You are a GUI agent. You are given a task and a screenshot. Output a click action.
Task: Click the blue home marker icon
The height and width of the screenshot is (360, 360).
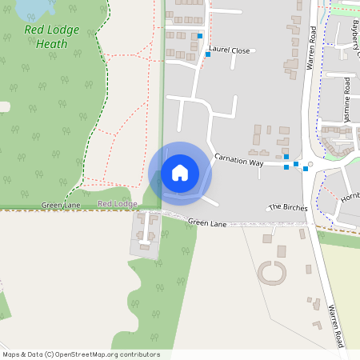point(180,173)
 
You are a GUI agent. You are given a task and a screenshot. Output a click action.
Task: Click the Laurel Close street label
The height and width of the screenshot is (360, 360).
point(229,50)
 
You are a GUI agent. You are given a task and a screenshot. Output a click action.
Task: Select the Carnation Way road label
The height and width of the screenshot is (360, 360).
point(238,162)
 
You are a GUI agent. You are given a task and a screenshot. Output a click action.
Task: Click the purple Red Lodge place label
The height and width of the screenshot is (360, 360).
point(118,204)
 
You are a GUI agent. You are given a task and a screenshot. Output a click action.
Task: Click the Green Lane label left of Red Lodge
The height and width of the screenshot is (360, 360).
point(62,206)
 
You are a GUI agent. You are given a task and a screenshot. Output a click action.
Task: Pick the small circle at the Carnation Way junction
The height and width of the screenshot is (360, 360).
point(311,163)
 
